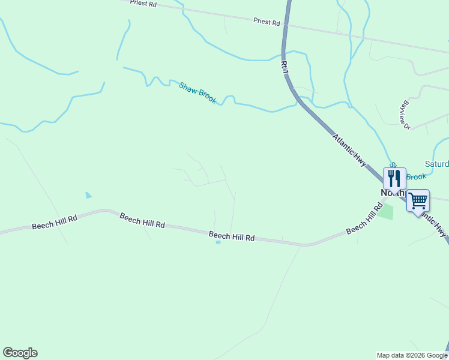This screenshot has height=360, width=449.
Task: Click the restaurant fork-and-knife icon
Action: click(x=394, y=178)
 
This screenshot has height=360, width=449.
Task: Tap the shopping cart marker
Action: click(x=418, y=200)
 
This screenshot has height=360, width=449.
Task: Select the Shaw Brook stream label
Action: click(x=197, y=93)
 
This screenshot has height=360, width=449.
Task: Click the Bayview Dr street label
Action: click(x=406, y=115)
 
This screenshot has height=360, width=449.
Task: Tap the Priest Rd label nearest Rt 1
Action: click(x=267, y=22)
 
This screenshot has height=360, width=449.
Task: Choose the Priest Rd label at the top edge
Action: click(x=143, y=4)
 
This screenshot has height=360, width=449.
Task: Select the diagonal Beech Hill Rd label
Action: click(x=364, y=220)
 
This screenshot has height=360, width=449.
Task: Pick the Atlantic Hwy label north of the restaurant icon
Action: click(x=349, y=150)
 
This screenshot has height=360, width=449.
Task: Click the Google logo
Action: click(x=20, y=353)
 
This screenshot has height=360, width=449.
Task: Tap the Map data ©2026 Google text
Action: click(x=411, y=355)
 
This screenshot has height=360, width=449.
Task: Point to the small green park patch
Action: click(x=385, y=211)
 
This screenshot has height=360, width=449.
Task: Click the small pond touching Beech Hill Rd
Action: click(x=218, y=242)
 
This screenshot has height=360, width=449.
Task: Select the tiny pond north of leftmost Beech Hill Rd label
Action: click(x=89, y=195)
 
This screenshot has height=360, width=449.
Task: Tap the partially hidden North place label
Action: click(x=391, y=193)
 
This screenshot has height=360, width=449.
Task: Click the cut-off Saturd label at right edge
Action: click(x=436, y=163)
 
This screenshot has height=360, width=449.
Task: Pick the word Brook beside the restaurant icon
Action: click(x=417, y=176)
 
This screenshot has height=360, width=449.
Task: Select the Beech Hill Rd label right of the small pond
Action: click(x=232, y=236)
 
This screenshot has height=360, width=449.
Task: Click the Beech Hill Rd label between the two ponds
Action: click(x=142, y=220)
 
